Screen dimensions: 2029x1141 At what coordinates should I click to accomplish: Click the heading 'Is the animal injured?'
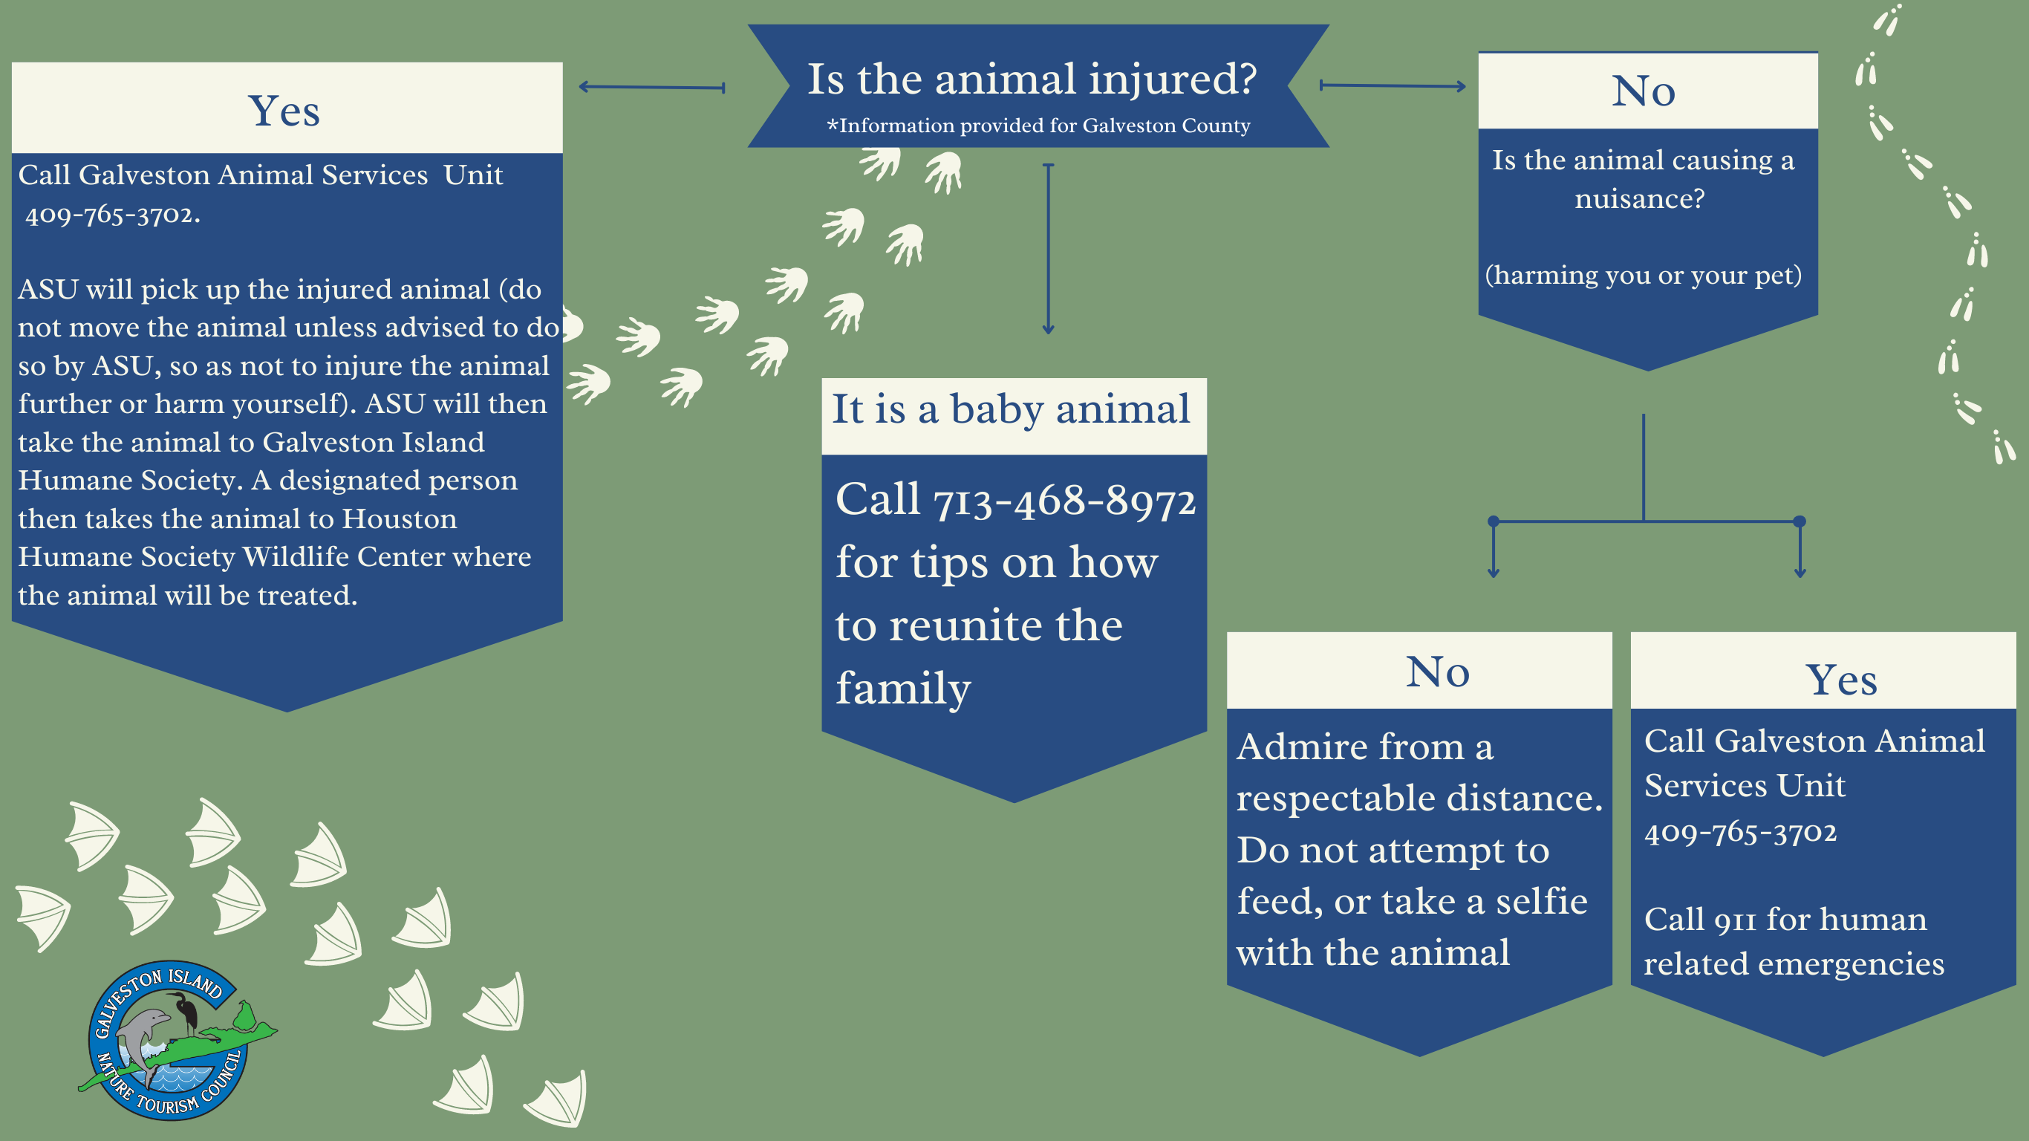pos(1032,79)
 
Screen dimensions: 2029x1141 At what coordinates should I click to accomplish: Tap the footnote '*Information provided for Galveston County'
pos(1038,126)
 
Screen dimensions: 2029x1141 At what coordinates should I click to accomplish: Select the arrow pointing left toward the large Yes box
pos(651,88)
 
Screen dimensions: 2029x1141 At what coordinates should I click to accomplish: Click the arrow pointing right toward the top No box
pos(1393,85)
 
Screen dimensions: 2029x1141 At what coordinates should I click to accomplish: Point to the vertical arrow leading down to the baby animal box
pos(1048,249)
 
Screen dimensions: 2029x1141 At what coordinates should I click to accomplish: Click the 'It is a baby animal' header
pos(1012,410)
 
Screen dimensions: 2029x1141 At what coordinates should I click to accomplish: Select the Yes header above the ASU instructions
pos(284,111)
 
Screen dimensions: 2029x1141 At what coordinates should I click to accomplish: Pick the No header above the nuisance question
pos(1643,91)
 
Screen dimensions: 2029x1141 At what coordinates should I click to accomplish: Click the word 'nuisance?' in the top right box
pos(1640,198)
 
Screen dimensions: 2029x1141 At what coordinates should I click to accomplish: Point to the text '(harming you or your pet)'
pos(1643,275)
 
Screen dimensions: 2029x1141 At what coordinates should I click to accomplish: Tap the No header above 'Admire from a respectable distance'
pos(1438,672)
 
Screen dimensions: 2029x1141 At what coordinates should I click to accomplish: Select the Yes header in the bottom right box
pos(1841,680)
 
